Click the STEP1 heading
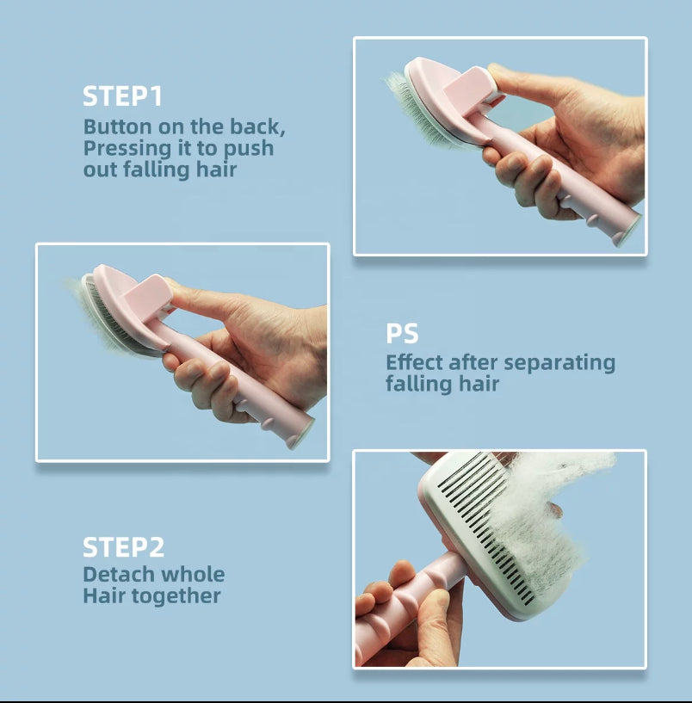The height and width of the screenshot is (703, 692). [x=122, y=96]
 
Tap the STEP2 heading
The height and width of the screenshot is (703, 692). [x=123, y=547]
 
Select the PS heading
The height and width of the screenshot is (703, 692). [x=402, y=333]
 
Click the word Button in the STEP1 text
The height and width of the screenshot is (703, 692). [x=118, y=126]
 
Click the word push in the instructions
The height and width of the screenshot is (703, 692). [x=249, y=148]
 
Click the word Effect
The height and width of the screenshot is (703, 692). [x=414, y=362]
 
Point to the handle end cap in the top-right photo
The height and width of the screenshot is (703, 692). [x=627, y=230]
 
